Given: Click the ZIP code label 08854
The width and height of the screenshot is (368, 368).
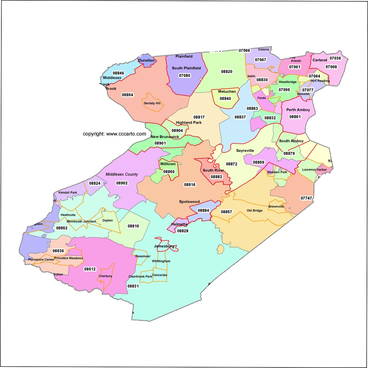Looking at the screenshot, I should pos(127,95).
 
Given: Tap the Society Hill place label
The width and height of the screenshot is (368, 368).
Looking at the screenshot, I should pos(152,103).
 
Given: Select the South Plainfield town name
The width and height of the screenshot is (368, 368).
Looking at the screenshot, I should pos(186,68).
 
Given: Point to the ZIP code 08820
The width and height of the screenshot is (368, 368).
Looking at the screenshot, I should pos(227,72).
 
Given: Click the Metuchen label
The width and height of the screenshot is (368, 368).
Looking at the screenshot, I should pos(227,91).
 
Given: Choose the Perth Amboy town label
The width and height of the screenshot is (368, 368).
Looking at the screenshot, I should pos(298,110).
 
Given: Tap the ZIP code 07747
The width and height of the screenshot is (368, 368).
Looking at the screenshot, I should pos(306,198).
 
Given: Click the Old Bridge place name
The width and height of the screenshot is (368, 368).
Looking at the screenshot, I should pos(255,210).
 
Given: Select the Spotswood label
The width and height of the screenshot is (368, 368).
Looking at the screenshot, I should pos(189,202).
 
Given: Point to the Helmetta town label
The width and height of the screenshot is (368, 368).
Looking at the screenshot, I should pos(179,224).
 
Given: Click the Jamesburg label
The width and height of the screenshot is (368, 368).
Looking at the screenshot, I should pos(164,246).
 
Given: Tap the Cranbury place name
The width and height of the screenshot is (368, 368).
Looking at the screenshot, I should pos(105,276).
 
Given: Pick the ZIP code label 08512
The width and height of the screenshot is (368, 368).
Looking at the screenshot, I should pos(90,269).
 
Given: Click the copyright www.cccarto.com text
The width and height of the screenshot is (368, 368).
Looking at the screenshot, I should pos(114,134).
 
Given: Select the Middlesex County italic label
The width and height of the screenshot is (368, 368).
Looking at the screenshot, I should pos(122,174).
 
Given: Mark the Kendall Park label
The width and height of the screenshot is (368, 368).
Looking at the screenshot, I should pos(68,192).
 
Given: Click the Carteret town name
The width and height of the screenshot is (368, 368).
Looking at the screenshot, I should pos(320,60).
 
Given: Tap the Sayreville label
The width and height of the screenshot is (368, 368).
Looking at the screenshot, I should pos(245,151).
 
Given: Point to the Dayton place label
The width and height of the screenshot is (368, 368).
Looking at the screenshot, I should pos(107,220).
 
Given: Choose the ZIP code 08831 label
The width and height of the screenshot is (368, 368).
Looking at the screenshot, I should pos(133,286).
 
